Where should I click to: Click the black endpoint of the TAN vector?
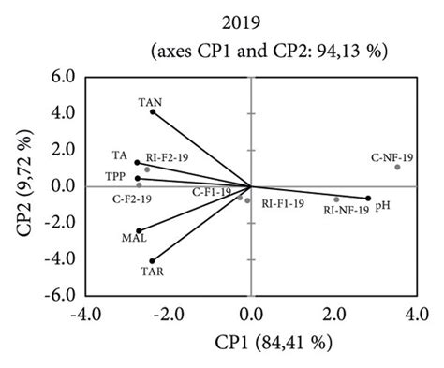click(x=153, y=112)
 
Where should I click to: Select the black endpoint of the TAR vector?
click(x=152, y=260)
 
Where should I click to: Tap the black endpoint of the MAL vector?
click(x=139, y=230)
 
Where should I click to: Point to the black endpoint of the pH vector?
click(x=368, y=198)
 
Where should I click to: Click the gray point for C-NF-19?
click(x=397, y=167)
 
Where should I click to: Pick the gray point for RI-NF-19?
click(x=336, y=199)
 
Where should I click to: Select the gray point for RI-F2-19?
click(x=147, y=169)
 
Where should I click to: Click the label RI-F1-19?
click(x=282, y=204)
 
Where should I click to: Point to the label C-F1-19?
click(x=212, y=192)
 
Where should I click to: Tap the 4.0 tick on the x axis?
click(x=416, y=312)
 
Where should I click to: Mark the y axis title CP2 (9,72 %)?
click(x=19, y=185)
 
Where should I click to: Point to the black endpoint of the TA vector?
click(x=137, y=163)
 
